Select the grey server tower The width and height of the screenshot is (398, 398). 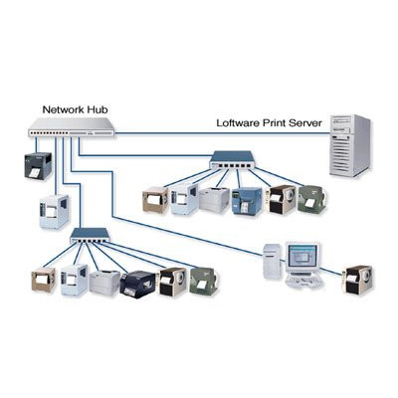tap(349, 145)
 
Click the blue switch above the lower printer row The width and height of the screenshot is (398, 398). tap(94, 237)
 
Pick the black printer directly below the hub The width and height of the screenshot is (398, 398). tap(35, 165)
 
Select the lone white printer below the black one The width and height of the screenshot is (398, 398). tap(52, 212)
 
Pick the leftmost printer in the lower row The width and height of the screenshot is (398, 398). tap(45, 282)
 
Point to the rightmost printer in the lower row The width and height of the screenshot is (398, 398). tap(204, 281)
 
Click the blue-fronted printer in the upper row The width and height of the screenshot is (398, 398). tap(246, 201)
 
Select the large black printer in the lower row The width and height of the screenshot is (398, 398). tap(137, 285)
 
